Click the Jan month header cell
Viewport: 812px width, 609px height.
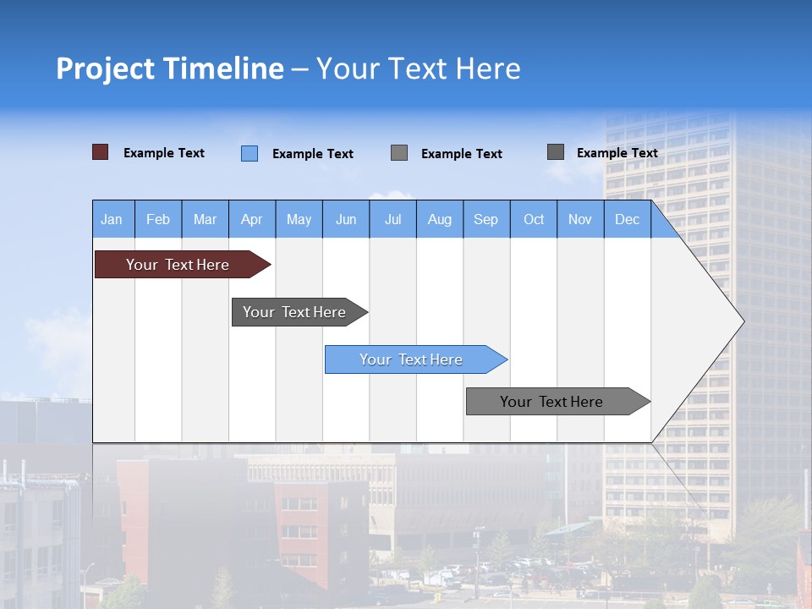pos(112,219)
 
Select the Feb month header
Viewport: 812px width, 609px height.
pos(158,219)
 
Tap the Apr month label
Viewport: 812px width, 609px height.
pos(251,219)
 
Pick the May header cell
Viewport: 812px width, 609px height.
pos(299,219)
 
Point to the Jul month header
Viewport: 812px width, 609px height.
pos(392,219)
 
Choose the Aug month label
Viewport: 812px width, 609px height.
pos(439,219)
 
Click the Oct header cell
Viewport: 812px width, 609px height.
pos(534,219)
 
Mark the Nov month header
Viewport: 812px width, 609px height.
pos(580,219)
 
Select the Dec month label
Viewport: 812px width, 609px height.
pos(627,219)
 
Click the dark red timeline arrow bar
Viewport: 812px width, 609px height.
pos(178,265)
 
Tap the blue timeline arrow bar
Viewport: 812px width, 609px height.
pos(411,359)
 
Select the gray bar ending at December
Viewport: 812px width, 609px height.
pos(551,402)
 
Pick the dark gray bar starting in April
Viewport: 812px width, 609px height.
pos(294,312)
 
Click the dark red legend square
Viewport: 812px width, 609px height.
pos(100,152)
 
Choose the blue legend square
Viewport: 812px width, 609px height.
pos(249,153)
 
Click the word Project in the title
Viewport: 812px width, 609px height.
pos(105,69)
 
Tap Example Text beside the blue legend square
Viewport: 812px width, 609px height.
pos(313,154)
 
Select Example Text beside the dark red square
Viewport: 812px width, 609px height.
pos(164,153)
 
